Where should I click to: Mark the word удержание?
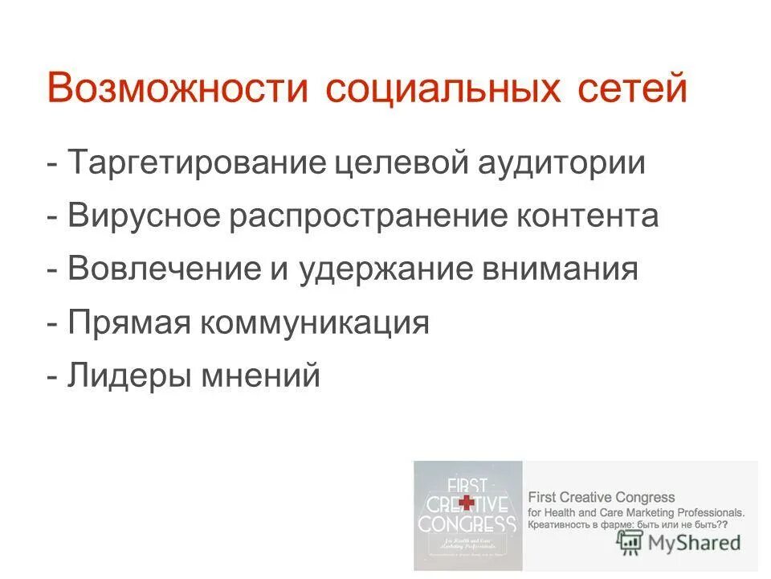coord(384,269)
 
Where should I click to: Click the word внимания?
coord(558,269)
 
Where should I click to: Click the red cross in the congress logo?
coord(466,503)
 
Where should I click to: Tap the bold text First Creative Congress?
coord(601,498)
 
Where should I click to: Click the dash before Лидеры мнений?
coord(53,376)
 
